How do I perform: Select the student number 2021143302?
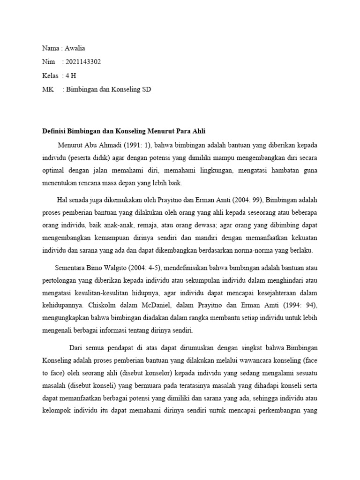[x=83, y=62]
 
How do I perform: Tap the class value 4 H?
[x=70, y=75]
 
